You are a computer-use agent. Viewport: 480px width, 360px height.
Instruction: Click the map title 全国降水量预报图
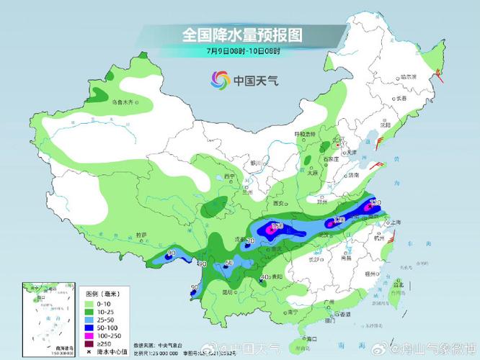tap(241, 34)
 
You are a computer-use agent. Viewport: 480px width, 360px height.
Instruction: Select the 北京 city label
tap(337, 140)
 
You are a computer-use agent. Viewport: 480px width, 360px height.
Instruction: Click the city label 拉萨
tap(143, 235)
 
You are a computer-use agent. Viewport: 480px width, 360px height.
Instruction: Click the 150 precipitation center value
tap(277, 227)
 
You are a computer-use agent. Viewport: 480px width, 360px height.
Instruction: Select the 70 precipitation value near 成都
tap(251, 240)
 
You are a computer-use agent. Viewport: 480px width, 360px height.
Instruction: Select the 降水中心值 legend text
tap(110, 352)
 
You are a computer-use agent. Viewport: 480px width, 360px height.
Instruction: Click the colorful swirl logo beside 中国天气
tap(220, 79)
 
